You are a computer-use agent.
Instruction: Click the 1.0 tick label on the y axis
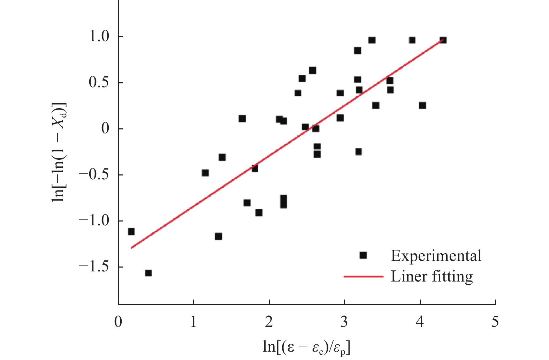[99, 37]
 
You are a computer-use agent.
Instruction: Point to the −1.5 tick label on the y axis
[94, 267]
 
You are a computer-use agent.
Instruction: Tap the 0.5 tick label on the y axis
[99, 83]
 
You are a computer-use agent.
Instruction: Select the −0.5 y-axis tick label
[94, 175]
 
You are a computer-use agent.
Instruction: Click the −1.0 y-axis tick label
[94, 221]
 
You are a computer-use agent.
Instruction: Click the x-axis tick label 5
[495, 322]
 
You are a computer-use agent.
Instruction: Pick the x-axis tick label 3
[344, 322]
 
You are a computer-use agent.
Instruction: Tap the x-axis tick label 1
[193, 322]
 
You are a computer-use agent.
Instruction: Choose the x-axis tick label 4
[420, 322]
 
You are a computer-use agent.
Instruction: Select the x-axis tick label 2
[269, 322]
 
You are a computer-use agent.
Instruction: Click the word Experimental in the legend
[436, 256]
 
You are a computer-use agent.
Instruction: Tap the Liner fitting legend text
[432, 276]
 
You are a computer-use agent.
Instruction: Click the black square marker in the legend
[363, 255]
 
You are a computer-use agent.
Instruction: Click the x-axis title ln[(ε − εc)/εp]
[306, 347]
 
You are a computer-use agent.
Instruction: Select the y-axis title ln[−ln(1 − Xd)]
[59, 152]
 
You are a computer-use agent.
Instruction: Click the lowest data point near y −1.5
[148, 273]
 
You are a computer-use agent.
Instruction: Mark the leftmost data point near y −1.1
[131, 232]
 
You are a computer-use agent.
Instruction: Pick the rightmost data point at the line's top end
[443, 40]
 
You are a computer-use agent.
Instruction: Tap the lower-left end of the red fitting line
[132, 248]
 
